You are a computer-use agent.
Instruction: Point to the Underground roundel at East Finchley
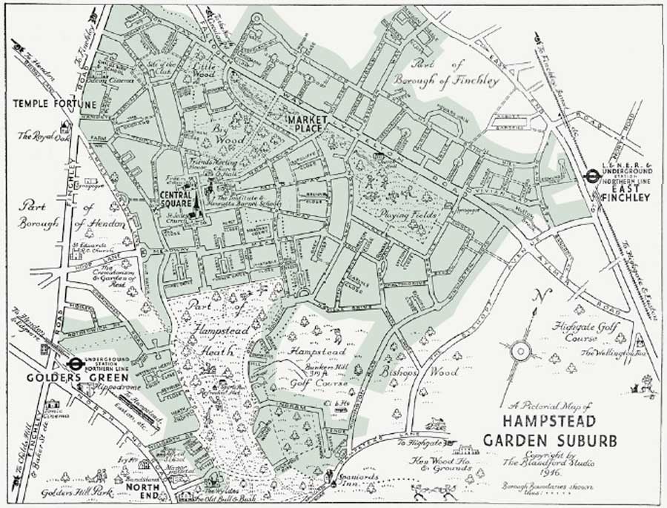pyautogui.click(x=591, y=176)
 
